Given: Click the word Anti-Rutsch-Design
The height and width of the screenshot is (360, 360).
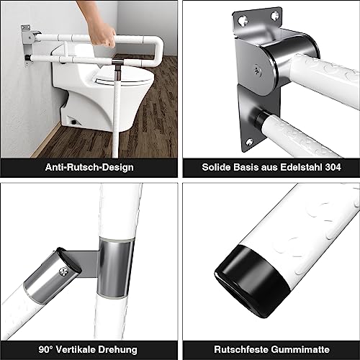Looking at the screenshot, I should point(89,167).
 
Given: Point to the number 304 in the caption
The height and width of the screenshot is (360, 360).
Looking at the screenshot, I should point(332,167).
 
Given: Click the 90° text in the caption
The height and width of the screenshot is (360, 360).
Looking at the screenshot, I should point(47,348).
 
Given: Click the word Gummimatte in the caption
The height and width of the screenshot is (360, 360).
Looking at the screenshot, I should point(297,348).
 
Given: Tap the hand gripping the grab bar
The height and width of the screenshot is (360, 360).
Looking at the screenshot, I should point(104,35).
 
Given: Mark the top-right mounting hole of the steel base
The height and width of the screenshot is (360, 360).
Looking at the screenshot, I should point(274,13).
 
